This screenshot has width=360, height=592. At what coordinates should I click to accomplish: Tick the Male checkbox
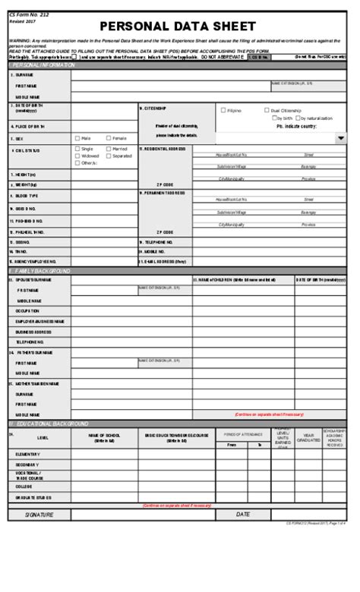pos(77,138)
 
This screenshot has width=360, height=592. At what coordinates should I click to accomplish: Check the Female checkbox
pos(109,138)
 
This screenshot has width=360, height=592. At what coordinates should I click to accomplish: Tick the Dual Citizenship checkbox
pos(267,110)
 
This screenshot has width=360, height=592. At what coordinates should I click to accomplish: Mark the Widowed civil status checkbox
pos(77,156)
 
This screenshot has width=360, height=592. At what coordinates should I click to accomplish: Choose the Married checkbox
pos(109,149)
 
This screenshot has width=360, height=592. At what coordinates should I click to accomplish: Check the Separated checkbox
pos(109,156)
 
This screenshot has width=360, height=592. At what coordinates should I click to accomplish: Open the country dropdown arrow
pos(341,138)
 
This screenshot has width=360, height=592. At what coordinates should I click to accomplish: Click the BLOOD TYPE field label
pos(27,195)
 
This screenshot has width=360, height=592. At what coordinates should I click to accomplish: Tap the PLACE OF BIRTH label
pos(29,126)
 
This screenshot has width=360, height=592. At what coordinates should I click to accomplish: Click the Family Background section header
pos(41,270)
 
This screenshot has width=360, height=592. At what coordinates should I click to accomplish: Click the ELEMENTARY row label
pos(29,453)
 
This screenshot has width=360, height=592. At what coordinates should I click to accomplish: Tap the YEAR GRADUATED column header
pos(309,437)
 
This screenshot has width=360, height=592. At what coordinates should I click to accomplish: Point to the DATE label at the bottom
pos(242,514)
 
